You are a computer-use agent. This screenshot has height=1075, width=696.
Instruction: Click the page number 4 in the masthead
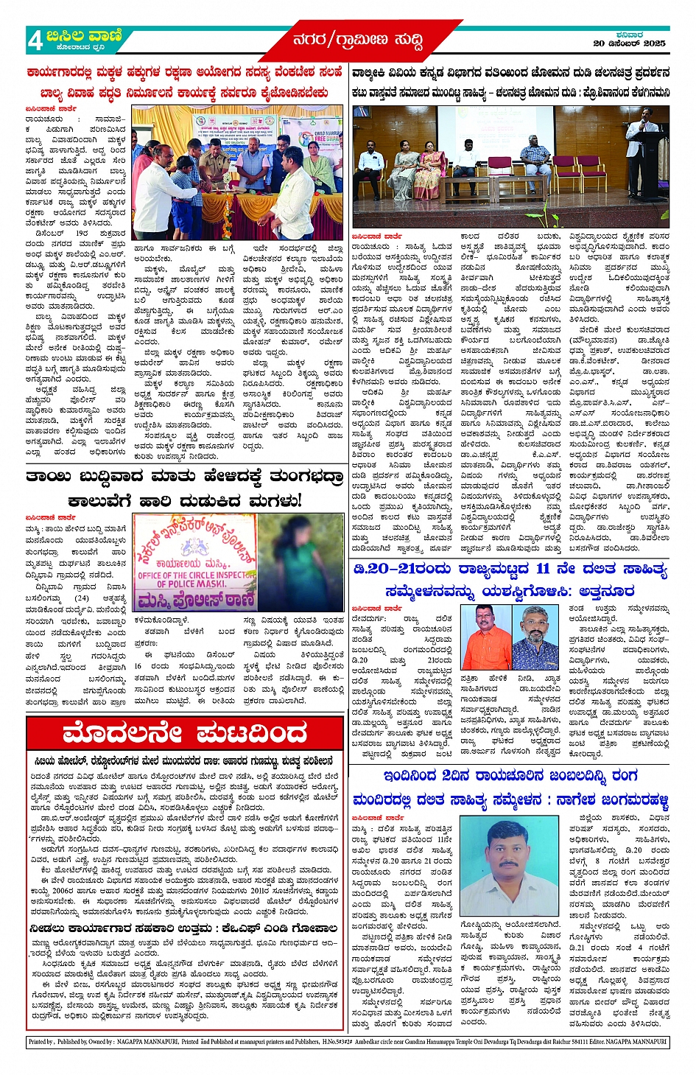click(35, 41)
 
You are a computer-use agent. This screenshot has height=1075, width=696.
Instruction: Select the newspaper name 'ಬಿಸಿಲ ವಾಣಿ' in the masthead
click(79, 35)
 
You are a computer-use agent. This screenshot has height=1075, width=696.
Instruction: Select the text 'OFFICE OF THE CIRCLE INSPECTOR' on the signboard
click(191, 575)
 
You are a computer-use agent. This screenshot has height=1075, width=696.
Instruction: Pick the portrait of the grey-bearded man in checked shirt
click(534, 637)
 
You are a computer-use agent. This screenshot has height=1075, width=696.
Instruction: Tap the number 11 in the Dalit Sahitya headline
click(542, 568)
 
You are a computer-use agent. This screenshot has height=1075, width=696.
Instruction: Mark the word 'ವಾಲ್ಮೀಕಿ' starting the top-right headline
click(373, 73)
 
